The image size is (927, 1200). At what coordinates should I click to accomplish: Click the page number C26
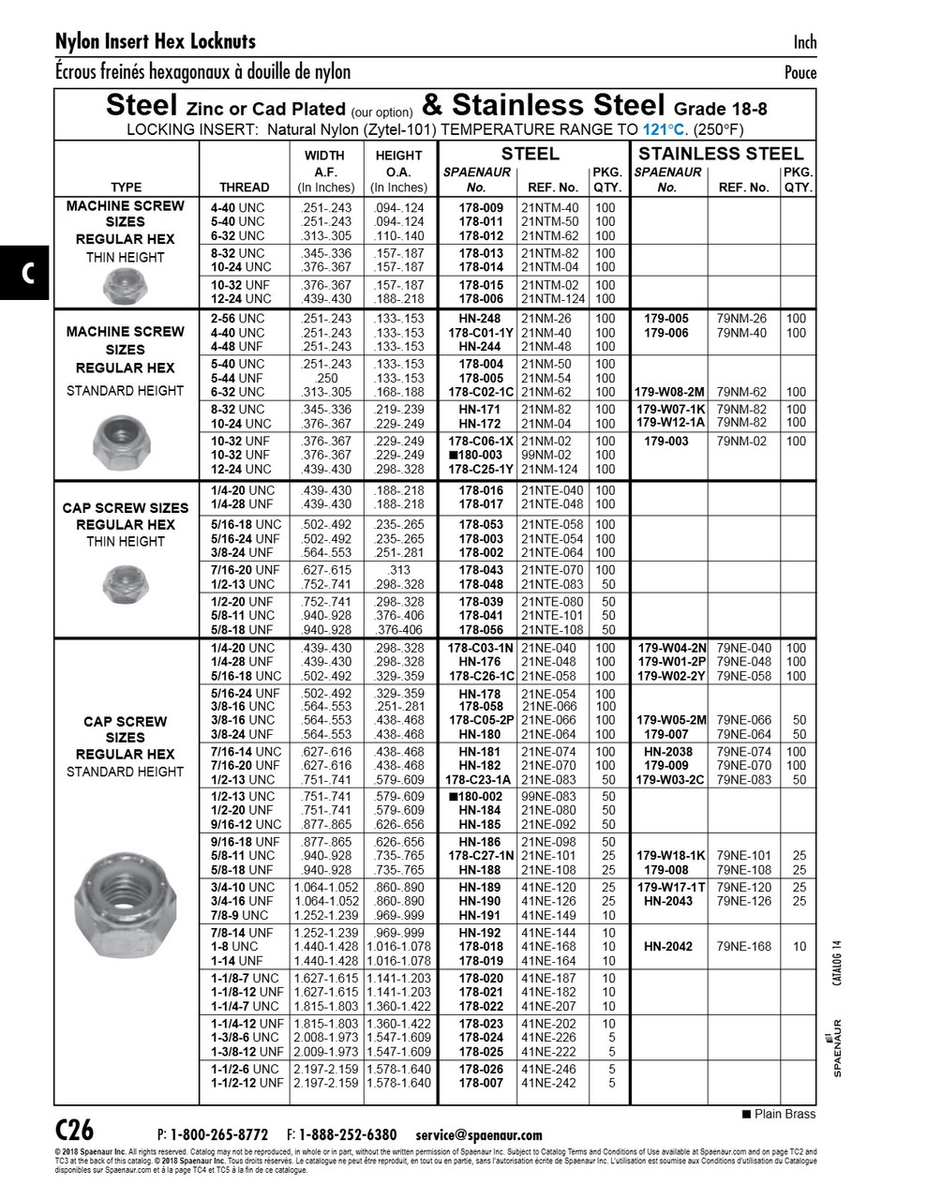(x=74, y=1130)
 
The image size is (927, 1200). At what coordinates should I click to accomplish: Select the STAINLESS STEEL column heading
(x=720, y=154)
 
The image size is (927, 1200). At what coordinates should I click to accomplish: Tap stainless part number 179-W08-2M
(x=669, y=392)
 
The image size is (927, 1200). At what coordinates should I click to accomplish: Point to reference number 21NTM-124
(x=552, y=299)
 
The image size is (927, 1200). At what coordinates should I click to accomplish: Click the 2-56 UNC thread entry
(x=238, y=319)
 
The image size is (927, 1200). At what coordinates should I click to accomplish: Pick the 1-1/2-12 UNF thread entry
(x=247, y=1083)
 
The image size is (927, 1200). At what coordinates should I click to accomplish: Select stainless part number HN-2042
(x=667, y=946)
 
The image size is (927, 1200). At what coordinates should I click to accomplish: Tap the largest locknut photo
(x=125, y=899)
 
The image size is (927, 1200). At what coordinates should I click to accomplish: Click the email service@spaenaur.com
(x=478, y=1134)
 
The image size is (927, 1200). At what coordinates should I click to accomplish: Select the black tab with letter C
(x=25, y=274)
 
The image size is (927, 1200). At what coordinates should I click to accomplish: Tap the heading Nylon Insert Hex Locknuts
(x=155, y=41)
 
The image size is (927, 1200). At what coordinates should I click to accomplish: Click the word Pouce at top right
(x=800, y=72)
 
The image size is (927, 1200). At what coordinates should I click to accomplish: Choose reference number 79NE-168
(x=744, y=946)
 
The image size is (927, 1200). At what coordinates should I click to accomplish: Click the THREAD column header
(x=244, y=187)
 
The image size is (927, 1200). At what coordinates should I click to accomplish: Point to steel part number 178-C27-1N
(x=480, y=855)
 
